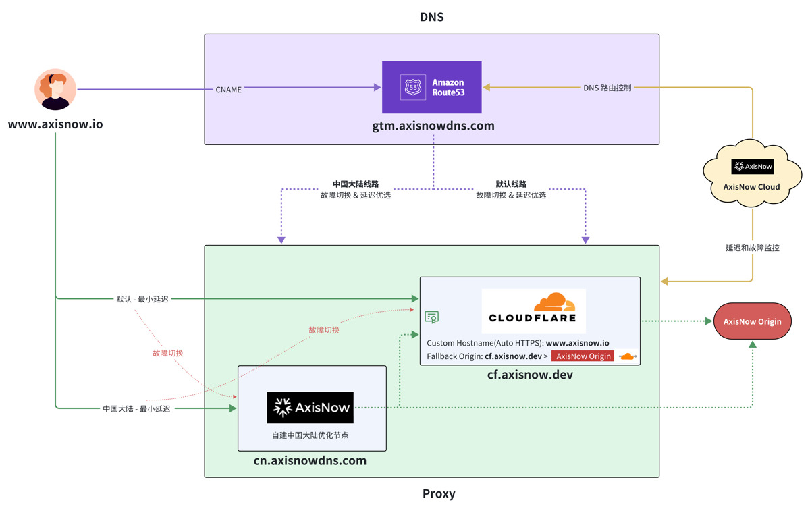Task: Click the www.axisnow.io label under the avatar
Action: (55, 125)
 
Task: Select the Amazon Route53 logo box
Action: (432, 87)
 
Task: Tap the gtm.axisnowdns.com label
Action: (433, 126)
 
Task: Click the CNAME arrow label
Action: (228, 89)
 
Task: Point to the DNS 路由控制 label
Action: (607, 88)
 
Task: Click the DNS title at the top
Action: (432, 17)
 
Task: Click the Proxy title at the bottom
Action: (439, 493)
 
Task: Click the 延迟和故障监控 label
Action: (752, 248)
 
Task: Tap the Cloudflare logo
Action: (533, 310)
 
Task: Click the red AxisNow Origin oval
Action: (752, 321)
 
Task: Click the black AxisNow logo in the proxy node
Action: (310, 408)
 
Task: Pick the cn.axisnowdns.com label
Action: (310, 461)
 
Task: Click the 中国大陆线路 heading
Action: (356, 184)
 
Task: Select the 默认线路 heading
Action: (511, 184)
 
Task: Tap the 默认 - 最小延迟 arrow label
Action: (142, 298)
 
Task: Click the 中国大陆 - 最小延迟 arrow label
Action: (136, 408)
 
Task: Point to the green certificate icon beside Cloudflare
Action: (432, 317)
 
